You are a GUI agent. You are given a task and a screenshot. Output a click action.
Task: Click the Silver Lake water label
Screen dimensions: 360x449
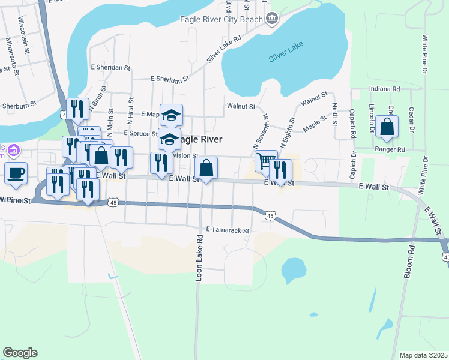[286, 52]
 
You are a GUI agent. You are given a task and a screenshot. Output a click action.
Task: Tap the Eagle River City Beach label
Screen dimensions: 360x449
[221, 19]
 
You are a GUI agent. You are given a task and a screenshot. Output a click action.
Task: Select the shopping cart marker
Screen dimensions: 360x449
[266, 161]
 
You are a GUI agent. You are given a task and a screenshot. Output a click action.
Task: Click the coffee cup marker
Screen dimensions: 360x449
[16, 173]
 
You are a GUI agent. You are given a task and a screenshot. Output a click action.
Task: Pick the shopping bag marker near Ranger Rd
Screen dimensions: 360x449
[387, 127]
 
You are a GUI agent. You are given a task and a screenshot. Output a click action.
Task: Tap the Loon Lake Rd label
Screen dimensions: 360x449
[199, 258]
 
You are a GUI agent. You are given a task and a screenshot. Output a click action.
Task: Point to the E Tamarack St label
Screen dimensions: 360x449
[227, 230]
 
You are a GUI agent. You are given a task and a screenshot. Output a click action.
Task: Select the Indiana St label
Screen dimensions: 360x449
[385, 89]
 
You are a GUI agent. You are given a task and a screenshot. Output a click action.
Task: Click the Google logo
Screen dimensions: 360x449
[20, 353]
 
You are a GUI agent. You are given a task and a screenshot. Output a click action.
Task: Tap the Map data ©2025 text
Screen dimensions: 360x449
[423, 355]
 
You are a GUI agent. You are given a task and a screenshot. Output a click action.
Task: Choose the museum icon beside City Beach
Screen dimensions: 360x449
[272, 19]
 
